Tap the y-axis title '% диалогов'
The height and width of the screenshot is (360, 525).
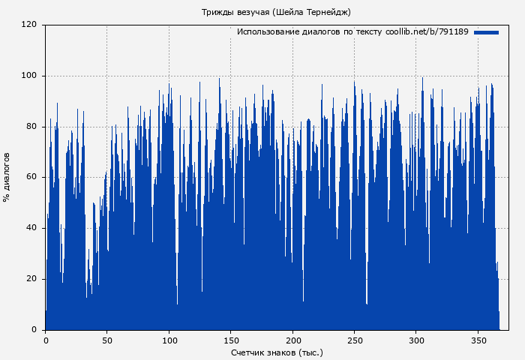(x=7, y=177)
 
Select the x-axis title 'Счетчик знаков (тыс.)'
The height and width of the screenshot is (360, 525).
(x=277, y=352)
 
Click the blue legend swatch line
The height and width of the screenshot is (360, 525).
(x=486, y=32)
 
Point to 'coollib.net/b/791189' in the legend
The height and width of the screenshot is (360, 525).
(x=427, y=32)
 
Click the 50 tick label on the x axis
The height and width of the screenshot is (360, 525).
(x=106, y=339)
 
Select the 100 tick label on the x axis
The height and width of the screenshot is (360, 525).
(x=169, y=339)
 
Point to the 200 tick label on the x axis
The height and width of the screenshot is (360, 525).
(x=292, y=339)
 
